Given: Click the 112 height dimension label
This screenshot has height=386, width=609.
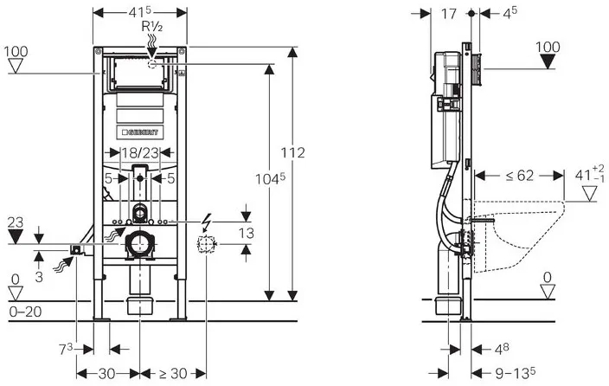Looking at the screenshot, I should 293,153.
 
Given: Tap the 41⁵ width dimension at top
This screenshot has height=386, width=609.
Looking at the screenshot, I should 140,13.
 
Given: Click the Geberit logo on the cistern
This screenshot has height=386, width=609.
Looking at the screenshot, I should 140,132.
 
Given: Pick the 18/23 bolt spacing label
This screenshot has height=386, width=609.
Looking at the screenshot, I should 139,153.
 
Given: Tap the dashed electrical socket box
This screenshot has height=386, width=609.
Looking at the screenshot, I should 204,245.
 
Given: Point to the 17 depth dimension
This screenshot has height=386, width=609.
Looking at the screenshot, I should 448,14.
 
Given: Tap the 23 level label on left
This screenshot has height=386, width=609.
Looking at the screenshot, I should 14,221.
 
